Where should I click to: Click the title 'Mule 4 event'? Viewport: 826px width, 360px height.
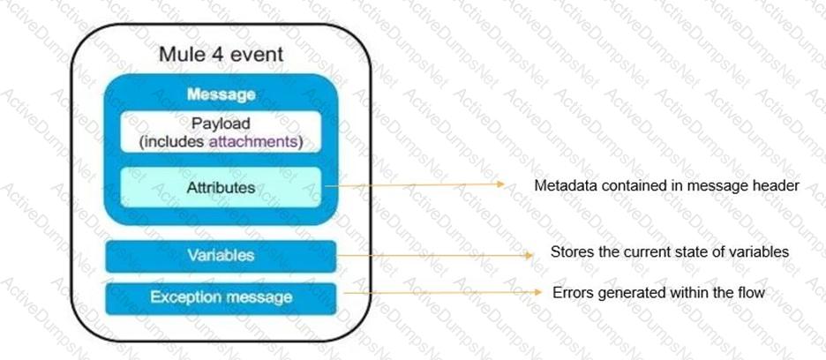coord(221,54)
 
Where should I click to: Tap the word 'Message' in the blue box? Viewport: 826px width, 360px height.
coord(221,94)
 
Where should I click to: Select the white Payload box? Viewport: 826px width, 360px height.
coord(221,132)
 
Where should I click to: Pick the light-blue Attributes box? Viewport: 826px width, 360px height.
coord(221,187)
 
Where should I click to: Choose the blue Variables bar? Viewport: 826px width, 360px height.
coord(221,256)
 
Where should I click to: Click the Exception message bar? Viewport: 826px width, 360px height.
coord(221,297)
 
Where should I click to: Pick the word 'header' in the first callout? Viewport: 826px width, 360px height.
coord(777,186)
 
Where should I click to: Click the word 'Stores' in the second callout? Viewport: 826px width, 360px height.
coord(570,252)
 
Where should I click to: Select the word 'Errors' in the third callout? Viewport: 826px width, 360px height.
coord(573,292)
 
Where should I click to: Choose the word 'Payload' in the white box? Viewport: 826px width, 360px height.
coord(221,124)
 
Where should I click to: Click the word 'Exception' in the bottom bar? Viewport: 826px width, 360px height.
coord(182,297)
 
